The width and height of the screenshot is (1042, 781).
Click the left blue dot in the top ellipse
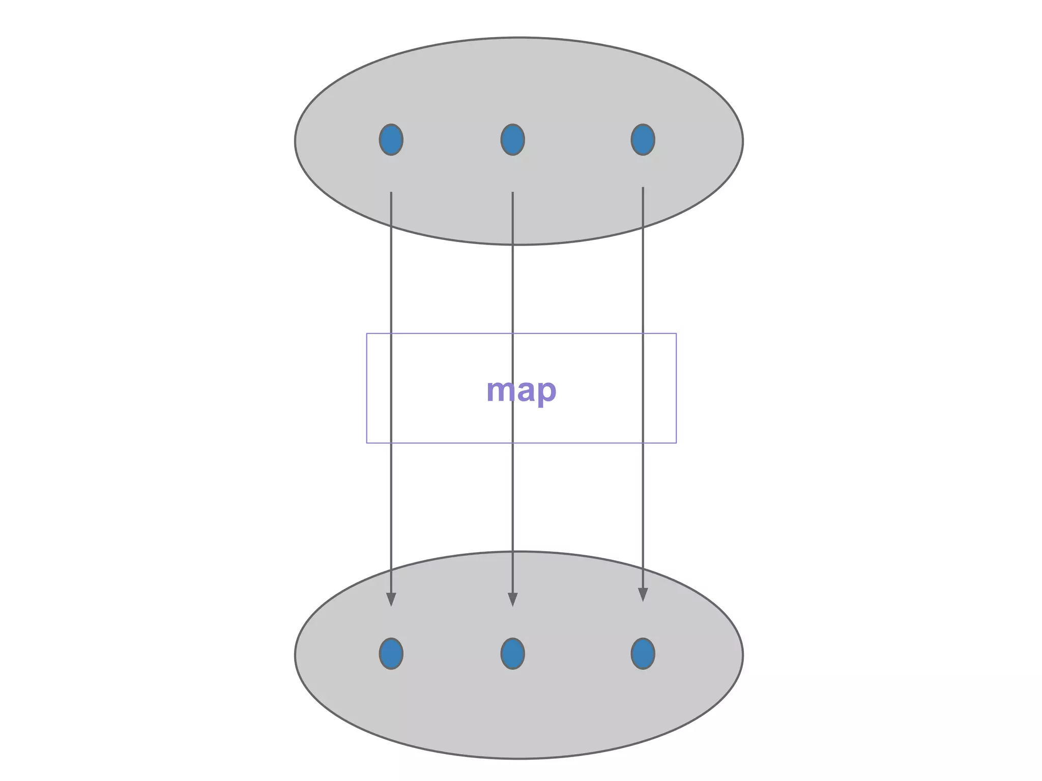391,139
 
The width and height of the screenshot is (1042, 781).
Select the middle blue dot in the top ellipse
512,139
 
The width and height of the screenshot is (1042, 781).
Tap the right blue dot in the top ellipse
643,139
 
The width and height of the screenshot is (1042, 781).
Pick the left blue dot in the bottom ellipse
391,653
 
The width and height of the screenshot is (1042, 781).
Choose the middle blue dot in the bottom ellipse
512,653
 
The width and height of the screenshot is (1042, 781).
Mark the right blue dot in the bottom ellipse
643,653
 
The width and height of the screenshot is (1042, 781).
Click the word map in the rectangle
521,390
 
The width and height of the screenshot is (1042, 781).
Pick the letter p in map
547,392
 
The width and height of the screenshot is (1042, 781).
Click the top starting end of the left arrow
391,193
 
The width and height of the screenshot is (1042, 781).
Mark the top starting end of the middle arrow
512,193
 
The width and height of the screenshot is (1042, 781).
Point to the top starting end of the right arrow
643,188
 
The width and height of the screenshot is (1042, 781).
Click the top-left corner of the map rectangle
367,334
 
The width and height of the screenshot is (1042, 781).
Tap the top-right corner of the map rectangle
676,334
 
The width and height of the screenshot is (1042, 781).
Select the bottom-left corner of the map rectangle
367,443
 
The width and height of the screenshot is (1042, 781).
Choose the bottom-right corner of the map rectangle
676,443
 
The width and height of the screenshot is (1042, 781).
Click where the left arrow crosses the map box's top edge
391,334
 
